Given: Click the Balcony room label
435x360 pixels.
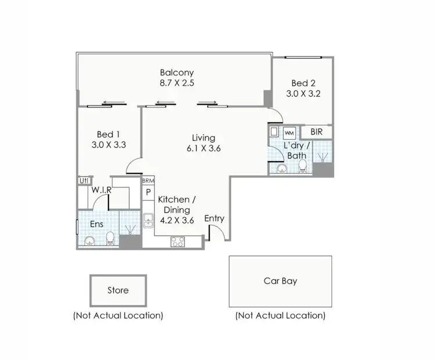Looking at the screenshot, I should [x=177, y=73].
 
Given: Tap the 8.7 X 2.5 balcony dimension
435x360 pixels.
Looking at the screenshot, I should [x=177, y=83].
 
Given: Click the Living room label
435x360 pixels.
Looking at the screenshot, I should [x=204, y=138].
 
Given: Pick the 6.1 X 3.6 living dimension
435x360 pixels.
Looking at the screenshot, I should [x=204, y=148].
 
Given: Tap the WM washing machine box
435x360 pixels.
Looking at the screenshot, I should [x=289, y=133].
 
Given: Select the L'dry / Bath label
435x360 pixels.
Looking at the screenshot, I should [x=296, y=151].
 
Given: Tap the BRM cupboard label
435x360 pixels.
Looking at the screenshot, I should [x=148, y=181].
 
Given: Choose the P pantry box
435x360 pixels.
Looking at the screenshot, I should [x=148, y=192].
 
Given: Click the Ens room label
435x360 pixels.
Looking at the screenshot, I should [x=96, y=224].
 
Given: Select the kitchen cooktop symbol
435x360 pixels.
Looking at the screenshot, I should [x=177, y=242].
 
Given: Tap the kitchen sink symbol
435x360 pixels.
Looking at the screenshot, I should [x=148, y=220].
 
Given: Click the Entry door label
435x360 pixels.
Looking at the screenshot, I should [x=214, y=219].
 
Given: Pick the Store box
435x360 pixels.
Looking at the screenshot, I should [x=118, y=290].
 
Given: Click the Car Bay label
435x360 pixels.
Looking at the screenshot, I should [x=280, y=281].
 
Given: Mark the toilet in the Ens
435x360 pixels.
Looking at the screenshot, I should [x=110, y=238].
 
